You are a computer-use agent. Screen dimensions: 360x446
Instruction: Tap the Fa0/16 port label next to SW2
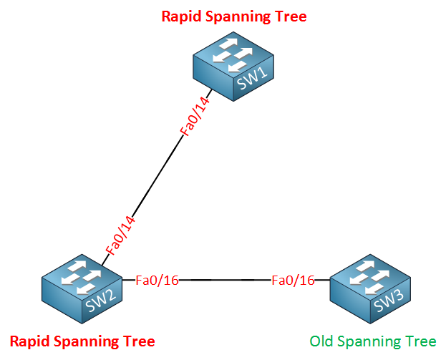[x=157, y=281]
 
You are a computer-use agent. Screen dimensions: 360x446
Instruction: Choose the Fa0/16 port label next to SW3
[x=293, y=281]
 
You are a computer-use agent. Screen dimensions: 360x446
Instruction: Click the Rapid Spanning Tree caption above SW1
[x=233, y=16]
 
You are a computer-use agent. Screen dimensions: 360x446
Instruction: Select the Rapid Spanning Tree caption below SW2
[x=82, y=340]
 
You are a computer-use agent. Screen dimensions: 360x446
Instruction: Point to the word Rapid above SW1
[x=180, y=16]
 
